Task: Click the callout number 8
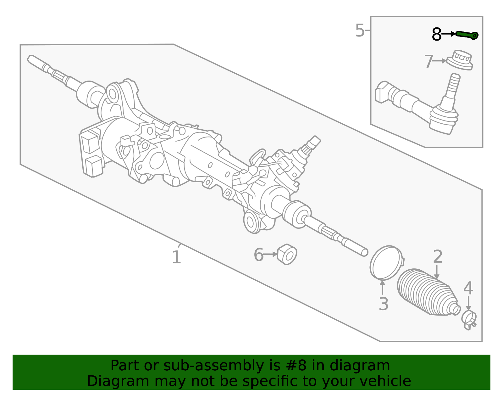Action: click(436, 35)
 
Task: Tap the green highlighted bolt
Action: click(467, 35)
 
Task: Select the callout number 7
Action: click(428, 61)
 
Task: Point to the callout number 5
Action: click(360, 30)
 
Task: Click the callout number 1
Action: click(177, 257)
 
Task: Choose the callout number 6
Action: click(258, 255)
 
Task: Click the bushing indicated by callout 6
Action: click(287, 254)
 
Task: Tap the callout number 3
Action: click(383, 304)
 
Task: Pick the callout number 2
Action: click(438, 256)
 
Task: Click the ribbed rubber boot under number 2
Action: click(428, 292)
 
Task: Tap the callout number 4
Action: click(468, 288)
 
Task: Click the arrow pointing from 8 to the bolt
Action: click(449, 34)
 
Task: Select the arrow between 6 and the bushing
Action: click(270, 254)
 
